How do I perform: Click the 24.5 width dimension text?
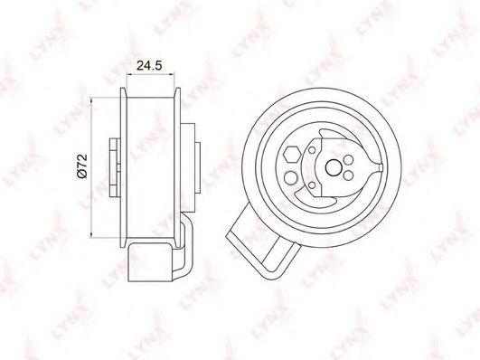(x=149, y=65)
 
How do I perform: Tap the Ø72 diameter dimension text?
(x=82, y=166)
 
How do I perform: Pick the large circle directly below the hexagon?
(x=291, y=178)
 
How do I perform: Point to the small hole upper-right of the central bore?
(x=348, y=160)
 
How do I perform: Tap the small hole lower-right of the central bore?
(x=348, y=175)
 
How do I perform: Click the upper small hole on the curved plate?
(x=312, y=150)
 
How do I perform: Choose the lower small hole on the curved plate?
(x=312, y=185)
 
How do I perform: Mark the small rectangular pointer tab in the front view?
(x=381, y=167)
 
